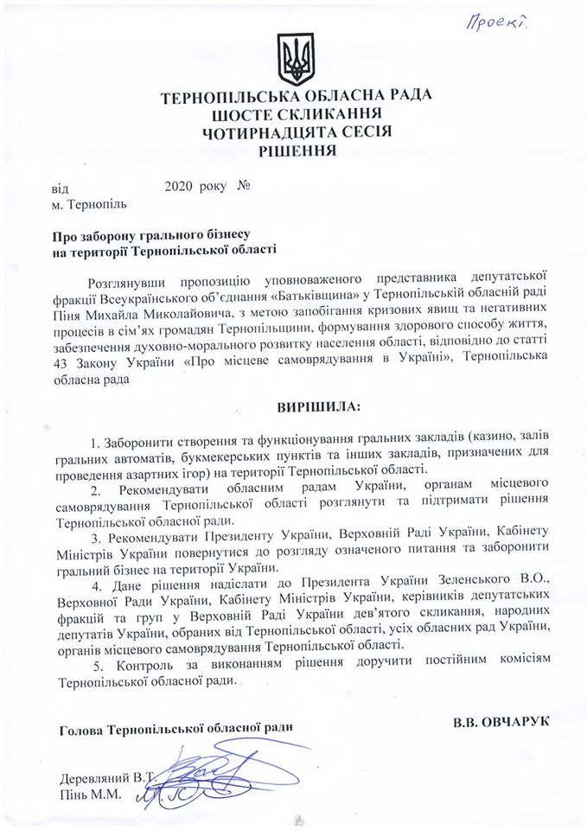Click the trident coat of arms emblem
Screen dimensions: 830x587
coord(293,60)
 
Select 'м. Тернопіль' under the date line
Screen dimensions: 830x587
coord(89,205)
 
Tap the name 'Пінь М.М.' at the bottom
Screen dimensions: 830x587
coord(86,792)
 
